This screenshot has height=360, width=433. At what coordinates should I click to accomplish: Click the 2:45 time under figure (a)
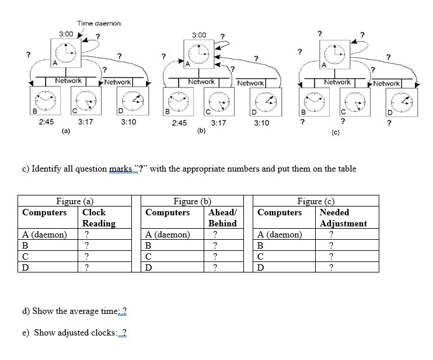pyautogui.click(x=46, y=122)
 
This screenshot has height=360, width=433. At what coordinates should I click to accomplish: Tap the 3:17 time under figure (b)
pyautogui.click(x=218, y=123)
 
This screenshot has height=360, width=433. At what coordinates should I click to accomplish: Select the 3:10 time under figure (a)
pyautogui.click(x=128, y=122)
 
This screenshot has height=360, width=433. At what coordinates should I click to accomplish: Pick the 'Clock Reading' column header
pyautogui.click(x=99, y=218)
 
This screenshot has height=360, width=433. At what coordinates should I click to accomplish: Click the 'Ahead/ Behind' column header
pyautogui.click(x=222, y=218)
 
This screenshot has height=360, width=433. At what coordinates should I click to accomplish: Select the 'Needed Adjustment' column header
pyautogui.click(x=343, y=218)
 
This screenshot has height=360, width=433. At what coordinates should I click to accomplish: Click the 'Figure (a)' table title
pyautogui.click(x=75, y=201)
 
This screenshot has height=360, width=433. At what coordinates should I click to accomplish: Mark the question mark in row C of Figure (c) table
pyautogui.click(x=331, y=257)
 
